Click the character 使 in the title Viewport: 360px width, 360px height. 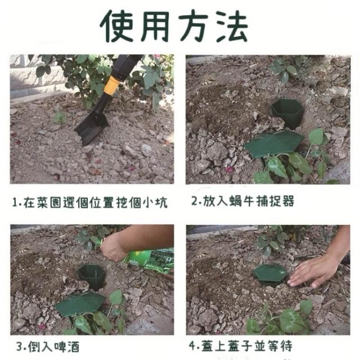[117, 26]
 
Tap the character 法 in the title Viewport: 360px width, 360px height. [232, 26]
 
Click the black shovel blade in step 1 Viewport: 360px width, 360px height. [91, 128]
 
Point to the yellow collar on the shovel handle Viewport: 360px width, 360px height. [112, 85]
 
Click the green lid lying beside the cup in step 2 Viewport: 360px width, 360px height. [274, 144]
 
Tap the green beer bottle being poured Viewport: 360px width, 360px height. [147, 259]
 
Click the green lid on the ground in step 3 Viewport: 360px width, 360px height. [80, 304]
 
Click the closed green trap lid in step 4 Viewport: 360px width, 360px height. [270, 275]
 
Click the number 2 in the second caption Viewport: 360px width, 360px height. [195, 201]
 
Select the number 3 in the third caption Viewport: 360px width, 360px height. [20, 346]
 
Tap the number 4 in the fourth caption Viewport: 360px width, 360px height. [192, 346]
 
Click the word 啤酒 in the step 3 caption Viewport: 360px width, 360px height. [66, 346]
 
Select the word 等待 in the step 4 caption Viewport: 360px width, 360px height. [280, 346]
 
